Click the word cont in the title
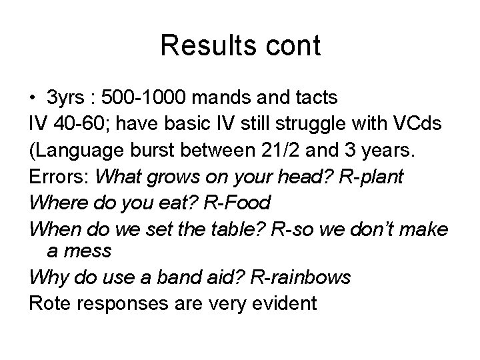[292, 46]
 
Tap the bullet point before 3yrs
[33, 98]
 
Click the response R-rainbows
[299, 277]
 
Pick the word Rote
[49, 303]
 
